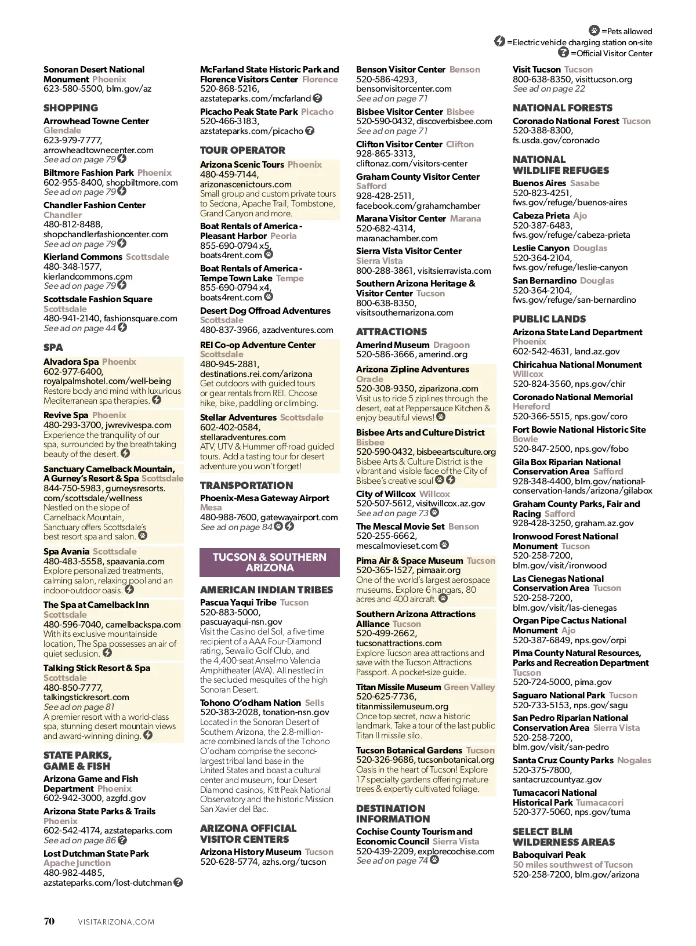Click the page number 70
point(49,921)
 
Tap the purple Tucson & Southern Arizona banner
point(270,562)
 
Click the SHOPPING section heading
point(71,108)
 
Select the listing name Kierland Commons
point(83,257)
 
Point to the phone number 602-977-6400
point(73,372)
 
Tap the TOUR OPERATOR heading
point(242,150)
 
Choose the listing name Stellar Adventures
point(238,418)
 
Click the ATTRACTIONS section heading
point(391,332)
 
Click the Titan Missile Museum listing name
point(398,687)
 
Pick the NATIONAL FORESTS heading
point(563,108)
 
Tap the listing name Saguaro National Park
point(559,695)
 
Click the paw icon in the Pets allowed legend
point(594,31)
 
